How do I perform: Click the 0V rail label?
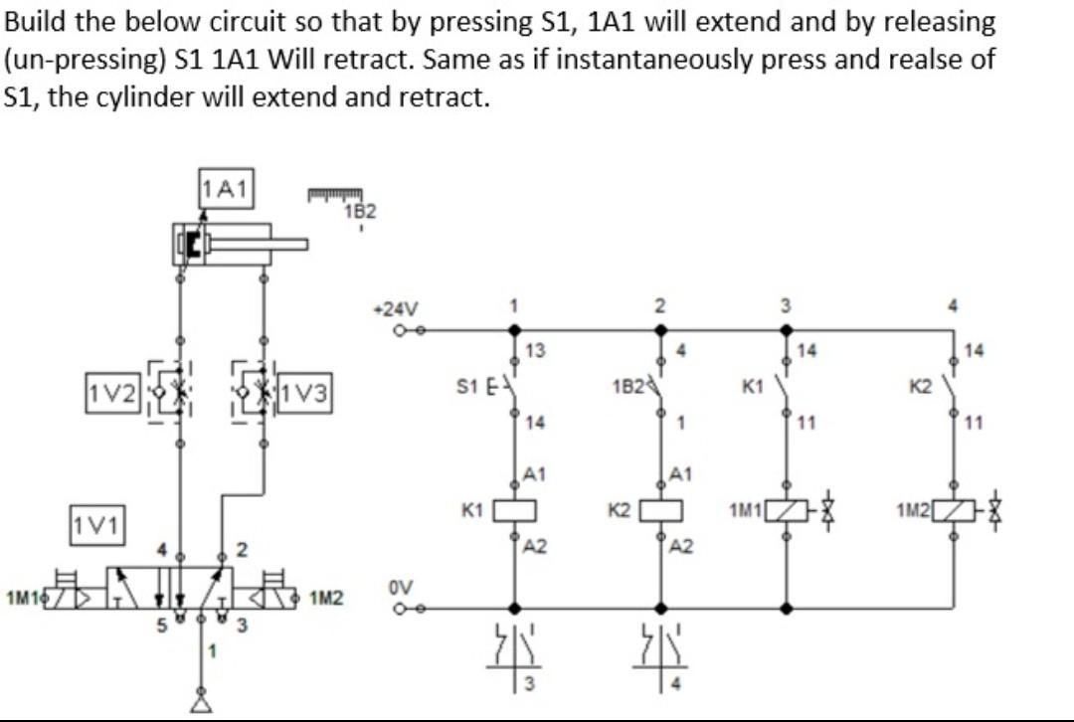click(x=400, y=588)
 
